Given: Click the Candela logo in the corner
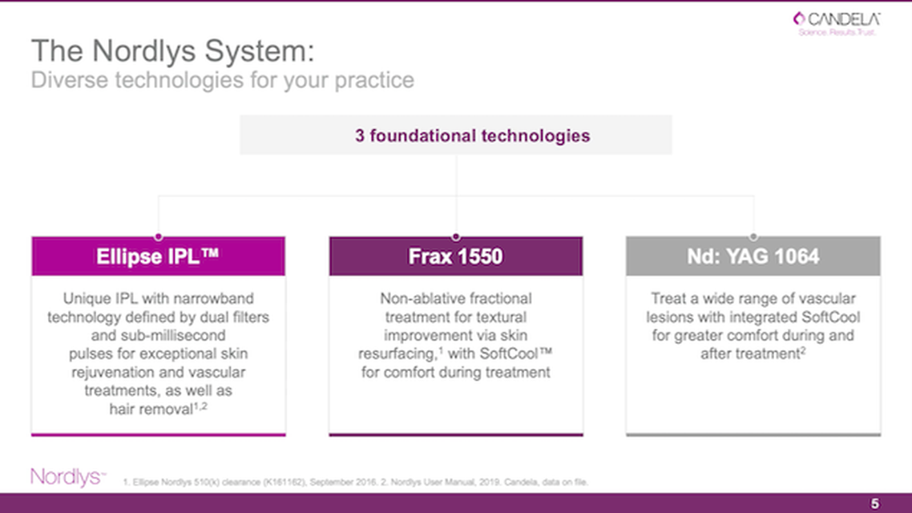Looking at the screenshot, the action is [837, 23].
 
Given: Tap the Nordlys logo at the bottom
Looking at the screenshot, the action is [69, 477].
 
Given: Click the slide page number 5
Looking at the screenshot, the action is [875, 503].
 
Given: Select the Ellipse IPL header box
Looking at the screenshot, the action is [158, 256].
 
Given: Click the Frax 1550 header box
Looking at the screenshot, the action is [456, 256].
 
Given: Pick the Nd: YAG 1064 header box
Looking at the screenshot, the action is [753, 256].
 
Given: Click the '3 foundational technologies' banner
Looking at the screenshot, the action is [456, 135].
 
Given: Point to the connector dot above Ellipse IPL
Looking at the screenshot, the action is [158, 236].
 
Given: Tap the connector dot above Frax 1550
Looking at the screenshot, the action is [456, 236].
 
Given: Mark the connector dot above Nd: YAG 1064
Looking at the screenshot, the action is [753, 236].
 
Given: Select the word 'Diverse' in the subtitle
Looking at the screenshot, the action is [69, 79].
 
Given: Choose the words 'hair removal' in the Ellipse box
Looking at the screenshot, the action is [151, 410].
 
